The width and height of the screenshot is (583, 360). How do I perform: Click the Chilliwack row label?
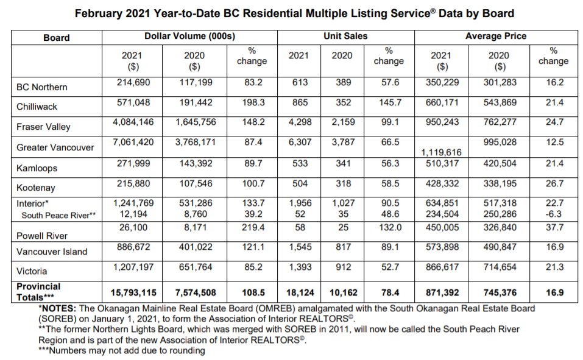pos(37,107)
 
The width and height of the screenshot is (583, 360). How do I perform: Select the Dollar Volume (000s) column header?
pos(189,36)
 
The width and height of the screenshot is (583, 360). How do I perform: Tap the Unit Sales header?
pos(345,36)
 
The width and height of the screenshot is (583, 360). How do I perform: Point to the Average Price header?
pos(496,36)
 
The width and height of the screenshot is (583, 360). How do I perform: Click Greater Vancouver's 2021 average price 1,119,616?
pos(441,152)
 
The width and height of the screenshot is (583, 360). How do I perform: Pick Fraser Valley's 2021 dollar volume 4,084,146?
pos(133,122)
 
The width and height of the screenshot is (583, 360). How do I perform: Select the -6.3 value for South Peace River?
pos(554,214)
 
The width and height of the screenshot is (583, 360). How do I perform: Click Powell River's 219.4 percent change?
pos(253,227)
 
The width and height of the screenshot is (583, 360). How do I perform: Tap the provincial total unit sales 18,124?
pos(300,292)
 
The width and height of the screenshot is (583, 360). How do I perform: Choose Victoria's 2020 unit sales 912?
pos(343,267)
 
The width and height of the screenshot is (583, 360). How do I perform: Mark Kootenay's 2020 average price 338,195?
pos(500,183)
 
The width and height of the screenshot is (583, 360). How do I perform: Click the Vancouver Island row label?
pos(52,252)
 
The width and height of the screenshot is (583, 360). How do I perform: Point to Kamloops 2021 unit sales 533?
pos(300,163)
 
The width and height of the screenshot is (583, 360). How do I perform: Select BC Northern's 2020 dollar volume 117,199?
pos(196,82)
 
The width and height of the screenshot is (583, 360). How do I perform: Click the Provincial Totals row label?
pos(38,292)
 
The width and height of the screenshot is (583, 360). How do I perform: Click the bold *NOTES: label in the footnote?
pos(57,308)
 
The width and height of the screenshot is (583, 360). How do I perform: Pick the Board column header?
pos(57,38)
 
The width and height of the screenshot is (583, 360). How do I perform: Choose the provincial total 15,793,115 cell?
pos(133,292)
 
